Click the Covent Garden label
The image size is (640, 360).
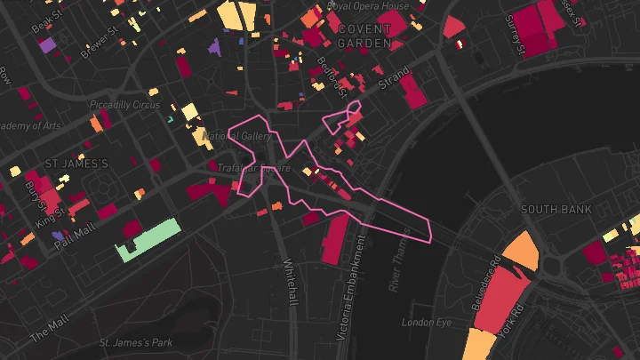(364, 36)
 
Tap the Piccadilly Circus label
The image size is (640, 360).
(124, 105)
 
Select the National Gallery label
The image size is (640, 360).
(237, 136)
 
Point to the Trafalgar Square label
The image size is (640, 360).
(254, 167)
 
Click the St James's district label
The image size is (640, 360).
(76, 164)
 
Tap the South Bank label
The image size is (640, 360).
(556, 210)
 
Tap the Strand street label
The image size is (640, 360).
(394, 76)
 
